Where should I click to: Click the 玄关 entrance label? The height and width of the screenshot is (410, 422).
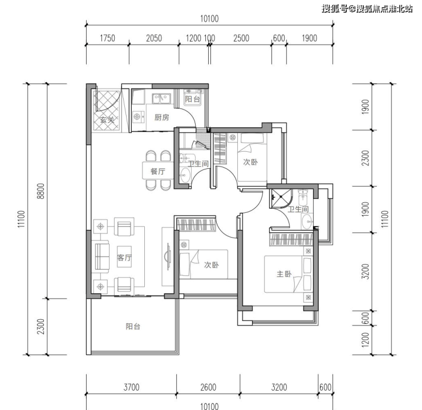(107, 119)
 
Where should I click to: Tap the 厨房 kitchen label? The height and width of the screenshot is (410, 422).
(162, 117)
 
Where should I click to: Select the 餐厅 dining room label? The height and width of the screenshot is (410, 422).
(158, 172)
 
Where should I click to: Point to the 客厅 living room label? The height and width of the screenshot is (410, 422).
(124, 257)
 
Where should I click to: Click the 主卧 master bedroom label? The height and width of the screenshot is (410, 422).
(284, 274)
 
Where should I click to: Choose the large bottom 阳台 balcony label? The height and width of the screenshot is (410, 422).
(133, 326)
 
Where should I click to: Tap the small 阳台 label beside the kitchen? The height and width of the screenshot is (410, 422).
(192, 99)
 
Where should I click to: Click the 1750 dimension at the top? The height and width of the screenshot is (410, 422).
(107, 38)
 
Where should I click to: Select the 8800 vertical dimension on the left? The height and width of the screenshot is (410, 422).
(40, 191)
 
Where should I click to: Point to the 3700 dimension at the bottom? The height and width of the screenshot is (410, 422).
(131, 387)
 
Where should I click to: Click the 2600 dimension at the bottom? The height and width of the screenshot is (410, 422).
(208, 387)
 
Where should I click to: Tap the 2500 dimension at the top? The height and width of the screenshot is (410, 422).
(241, 38)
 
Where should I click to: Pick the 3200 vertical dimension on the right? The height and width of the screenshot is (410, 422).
(365, 271)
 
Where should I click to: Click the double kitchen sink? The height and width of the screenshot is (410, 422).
(161, 99)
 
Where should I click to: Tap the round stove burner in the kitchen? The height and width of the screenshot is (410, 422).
(137, 117)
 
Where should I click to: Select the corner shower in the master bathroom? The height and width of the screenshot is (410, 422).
(281, 198)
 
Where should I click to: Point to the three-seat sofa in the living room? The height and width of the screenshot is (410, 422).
(102, 257)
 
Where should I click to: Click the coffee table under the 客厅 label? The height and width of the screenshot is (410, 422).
(124, 257)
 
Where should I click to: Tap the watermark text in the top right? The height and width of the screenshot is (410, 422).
(367, 9)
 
